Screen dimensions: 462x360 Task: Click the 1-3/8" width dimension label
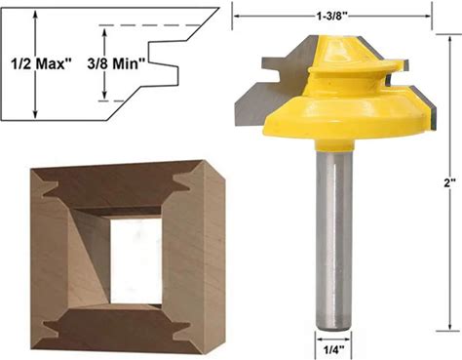[332, 16]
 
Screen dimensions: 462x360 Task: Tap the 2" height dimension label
[450, 183]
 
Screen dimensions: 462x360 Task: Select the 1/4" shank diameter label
[333, 350]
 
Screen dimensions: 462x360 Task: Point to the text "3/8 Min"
[113, 63]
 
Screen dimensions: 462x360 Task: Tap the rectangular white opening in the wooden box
[135, 261]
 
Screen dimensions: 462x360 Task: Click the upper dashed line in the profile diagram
[149, 25]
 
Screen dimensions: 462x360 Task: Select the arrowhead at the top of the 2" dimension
[450, 40]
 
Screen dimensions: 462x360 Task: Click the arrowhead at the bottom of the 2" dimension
[450, 325]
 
